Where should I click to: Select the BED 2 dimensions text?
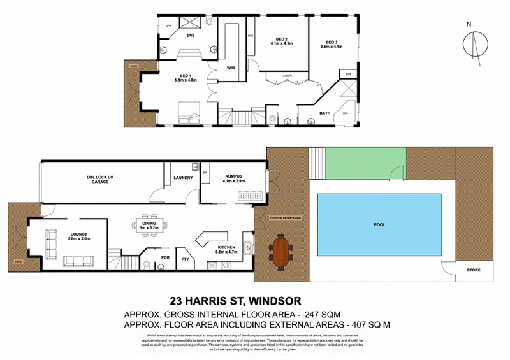[x=281, y=43]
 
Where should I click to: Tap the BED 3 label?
[x=331, y=42]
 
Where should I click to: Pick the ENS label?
[x=190, y=36]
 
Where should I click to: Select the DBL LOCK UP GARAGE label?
[x=101, y=179]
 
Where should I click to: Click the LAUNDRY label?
[x=183, y=178]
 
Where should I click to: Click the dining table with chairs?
[x=150, y=224]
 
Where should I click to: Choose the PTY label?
[x=185, y=259]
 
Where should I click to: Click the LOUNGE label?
[x=80, y=235]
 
